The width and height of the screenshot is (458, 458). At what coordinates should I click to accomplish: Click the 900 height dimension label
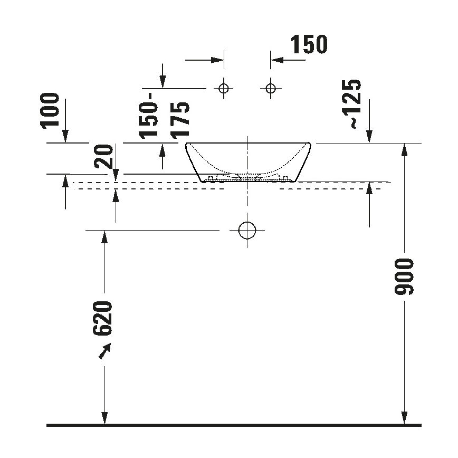point(405,276)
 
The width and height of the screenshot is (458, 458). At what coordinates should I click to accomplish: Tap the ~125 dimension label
point(350,104)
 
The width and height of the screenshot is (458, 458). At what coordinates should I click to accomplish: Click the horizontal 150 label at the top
point(308,45)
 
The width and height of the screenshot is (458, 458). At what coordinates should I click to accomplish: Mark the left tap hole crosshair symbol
point(224,88)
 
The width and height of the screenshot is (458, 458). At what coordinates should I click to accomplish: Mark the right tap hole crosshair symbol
point(271,88)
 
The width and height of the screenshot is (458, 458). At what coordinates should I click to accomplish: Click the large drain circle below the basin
point(247,230)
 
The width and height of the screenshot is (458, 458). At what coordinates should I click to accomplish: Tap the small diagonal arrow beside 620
point(106,350)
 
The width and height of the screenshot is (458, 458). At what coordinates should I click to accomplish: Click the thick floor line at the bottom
point(234,425)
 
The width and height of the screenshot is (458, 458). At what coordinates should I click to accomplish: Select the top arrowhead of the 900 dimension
point(404,149)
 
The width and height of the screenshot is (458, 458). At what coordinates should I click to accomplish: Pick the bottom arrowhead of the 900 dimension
point(404,418)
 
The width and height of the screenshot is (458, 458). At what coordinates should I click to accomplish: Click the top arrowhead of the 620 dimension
point(105,236)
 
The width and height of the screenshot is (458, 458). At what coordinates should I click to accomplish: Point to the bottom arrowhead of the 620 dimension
point(105,418)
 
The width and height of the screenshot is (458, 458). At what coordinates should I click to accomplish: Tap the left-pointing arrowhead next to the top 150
point(276,60)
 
